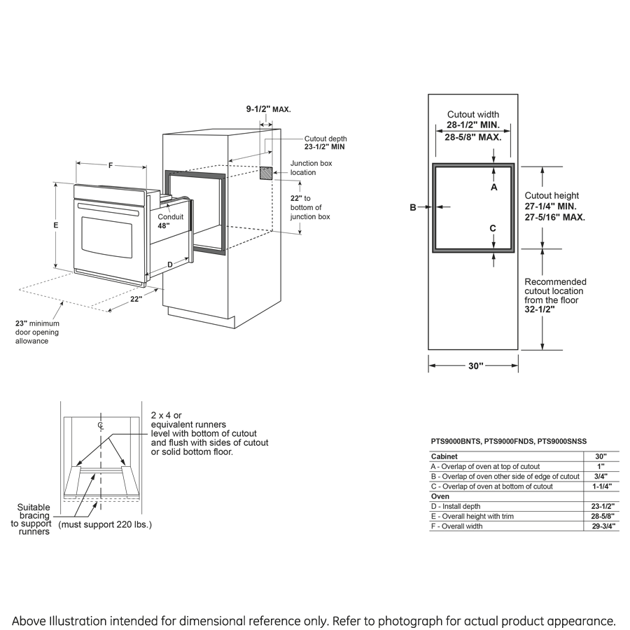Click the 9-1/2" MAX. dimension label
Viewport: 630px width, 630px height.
point(268,109)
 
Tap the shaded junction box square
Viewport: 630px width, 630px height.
point(267,173)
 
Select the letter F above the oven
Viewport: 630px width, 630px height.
point(111,166)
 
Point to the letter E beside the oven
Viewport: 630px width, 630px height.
point(55,225)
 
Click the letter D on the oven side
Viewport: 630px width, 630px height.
point(169,264)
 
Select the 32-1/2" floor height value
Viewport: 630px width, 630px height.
point(540,309)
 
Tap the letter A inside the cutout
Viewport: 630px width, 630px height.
point(494,188)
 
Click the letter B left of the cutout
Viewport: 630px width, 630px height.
point(413,207)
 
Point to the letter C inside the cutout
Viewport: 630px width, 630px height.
point(493,228)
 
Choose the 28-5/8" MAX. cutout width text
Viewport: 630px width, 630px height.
point(473,138)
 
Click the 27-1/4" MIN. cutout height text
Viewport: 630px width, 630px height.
point(551,206)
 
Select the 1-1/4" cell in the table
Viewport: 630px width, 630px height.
point(601,486)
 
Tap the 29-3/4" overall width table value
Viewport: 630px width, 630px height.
point(601,526)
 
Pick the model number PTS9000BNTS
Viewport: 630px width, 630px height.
point(456,441)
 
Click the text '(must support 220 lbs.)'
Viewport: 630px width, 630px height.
point(105,524)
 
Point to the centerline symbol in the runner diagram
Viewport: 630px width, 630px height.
point(101,425)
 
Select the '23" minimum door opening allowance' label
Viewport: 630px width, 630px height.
point(38,332)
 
